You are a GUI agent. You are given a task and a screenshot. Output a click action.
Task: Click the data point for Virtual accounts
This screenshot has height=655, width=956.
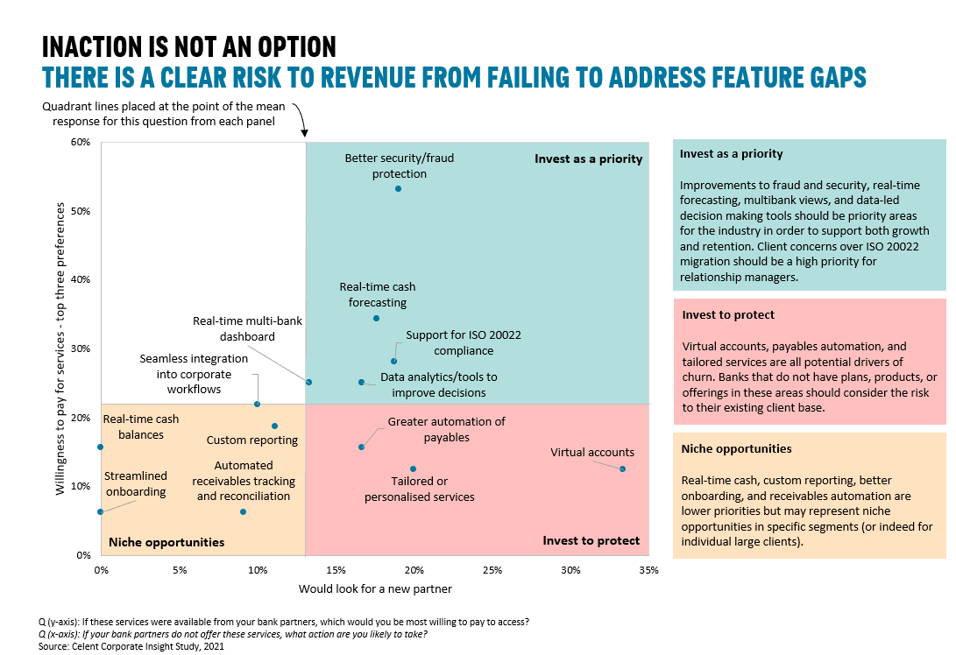pos(622,469)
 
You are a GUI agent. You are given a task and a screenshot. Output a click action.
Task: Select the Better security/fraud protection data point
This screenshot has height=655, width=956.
pos(398,188)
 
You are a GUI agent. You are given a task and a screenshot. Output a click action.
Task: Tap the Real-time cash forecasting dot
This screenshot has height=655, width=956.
pos(376,318)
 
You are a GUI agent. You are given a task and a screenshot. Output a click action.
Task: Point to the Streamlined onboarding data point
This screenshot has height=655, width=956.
pos(101,511)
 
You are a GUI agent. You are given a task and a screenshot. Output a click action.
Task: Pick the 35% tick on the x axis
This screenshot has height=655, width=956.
pos(648,571)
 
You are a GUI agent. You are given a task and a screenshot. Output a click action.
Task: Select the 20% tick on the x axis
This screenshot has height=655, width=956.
pos(414,571)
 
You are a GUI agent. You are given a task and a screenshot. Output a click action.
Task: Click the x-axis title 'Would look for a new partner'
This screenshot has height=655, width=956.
pos(375,588)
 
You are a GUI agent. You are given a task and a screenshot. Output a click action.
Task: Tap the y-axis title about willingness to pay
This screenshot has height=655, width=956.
pos(60,349)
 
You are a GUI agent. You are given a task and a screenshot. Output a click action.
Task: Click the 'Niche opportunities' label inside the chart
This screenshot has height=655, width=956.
pos(166,542)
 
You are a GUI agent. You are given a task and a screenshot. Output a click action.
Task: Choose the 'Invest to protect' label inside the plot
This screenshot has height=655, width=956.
pos(591,540)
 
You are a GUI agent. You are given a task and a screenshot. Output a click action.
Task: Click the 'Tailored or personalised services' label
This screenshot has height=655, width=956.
pos(419,489)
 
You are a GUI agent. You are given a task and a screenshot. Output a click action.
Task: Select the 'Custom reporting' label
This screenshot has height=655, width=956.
pos(252,440)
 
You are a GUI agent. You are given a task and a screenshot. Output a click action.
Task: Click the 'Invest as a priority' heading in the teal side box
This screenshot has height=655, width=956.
pos(731,153)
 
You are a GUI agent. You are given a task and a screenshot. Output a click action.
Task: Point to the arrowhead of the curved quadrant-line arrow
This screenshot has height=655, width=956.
pos(305,132)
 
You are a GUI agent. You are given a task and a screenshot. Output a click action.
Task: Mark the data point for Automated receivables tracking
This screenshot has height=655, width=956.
pos(243,511)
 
